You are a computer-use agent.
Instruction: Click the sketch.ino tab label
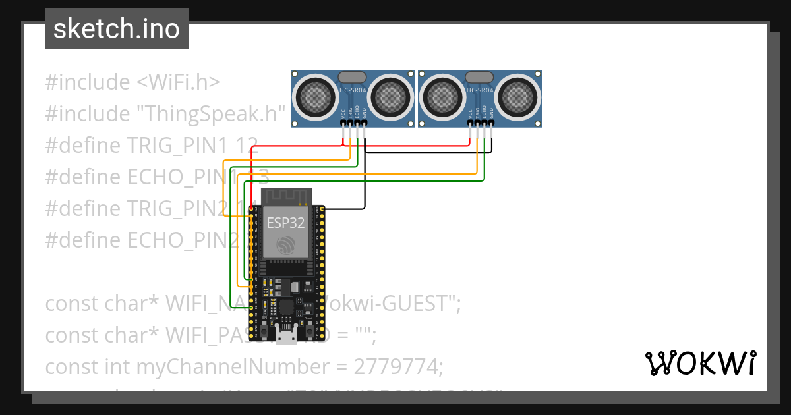(x=116, y=29)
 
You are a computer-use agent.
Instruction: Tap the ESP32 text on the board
(x=285, y=223)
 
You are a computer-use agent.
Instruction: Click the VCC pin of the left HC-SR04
(x=343, y=123)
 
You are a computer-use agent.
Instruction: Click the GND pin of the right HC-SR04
(x=491, y=123)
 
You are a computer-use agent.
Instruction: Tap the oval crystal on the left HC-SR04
(x=353, y=77)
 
